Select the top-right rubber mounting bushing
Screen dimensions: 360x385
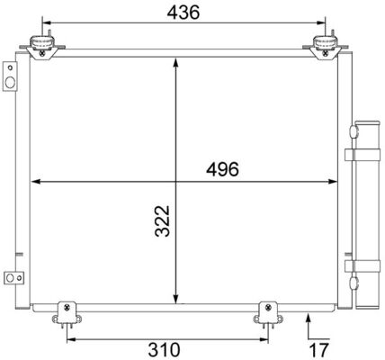[325, 47]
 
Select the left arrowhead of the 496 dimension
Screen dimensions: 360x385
[36, 183]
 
